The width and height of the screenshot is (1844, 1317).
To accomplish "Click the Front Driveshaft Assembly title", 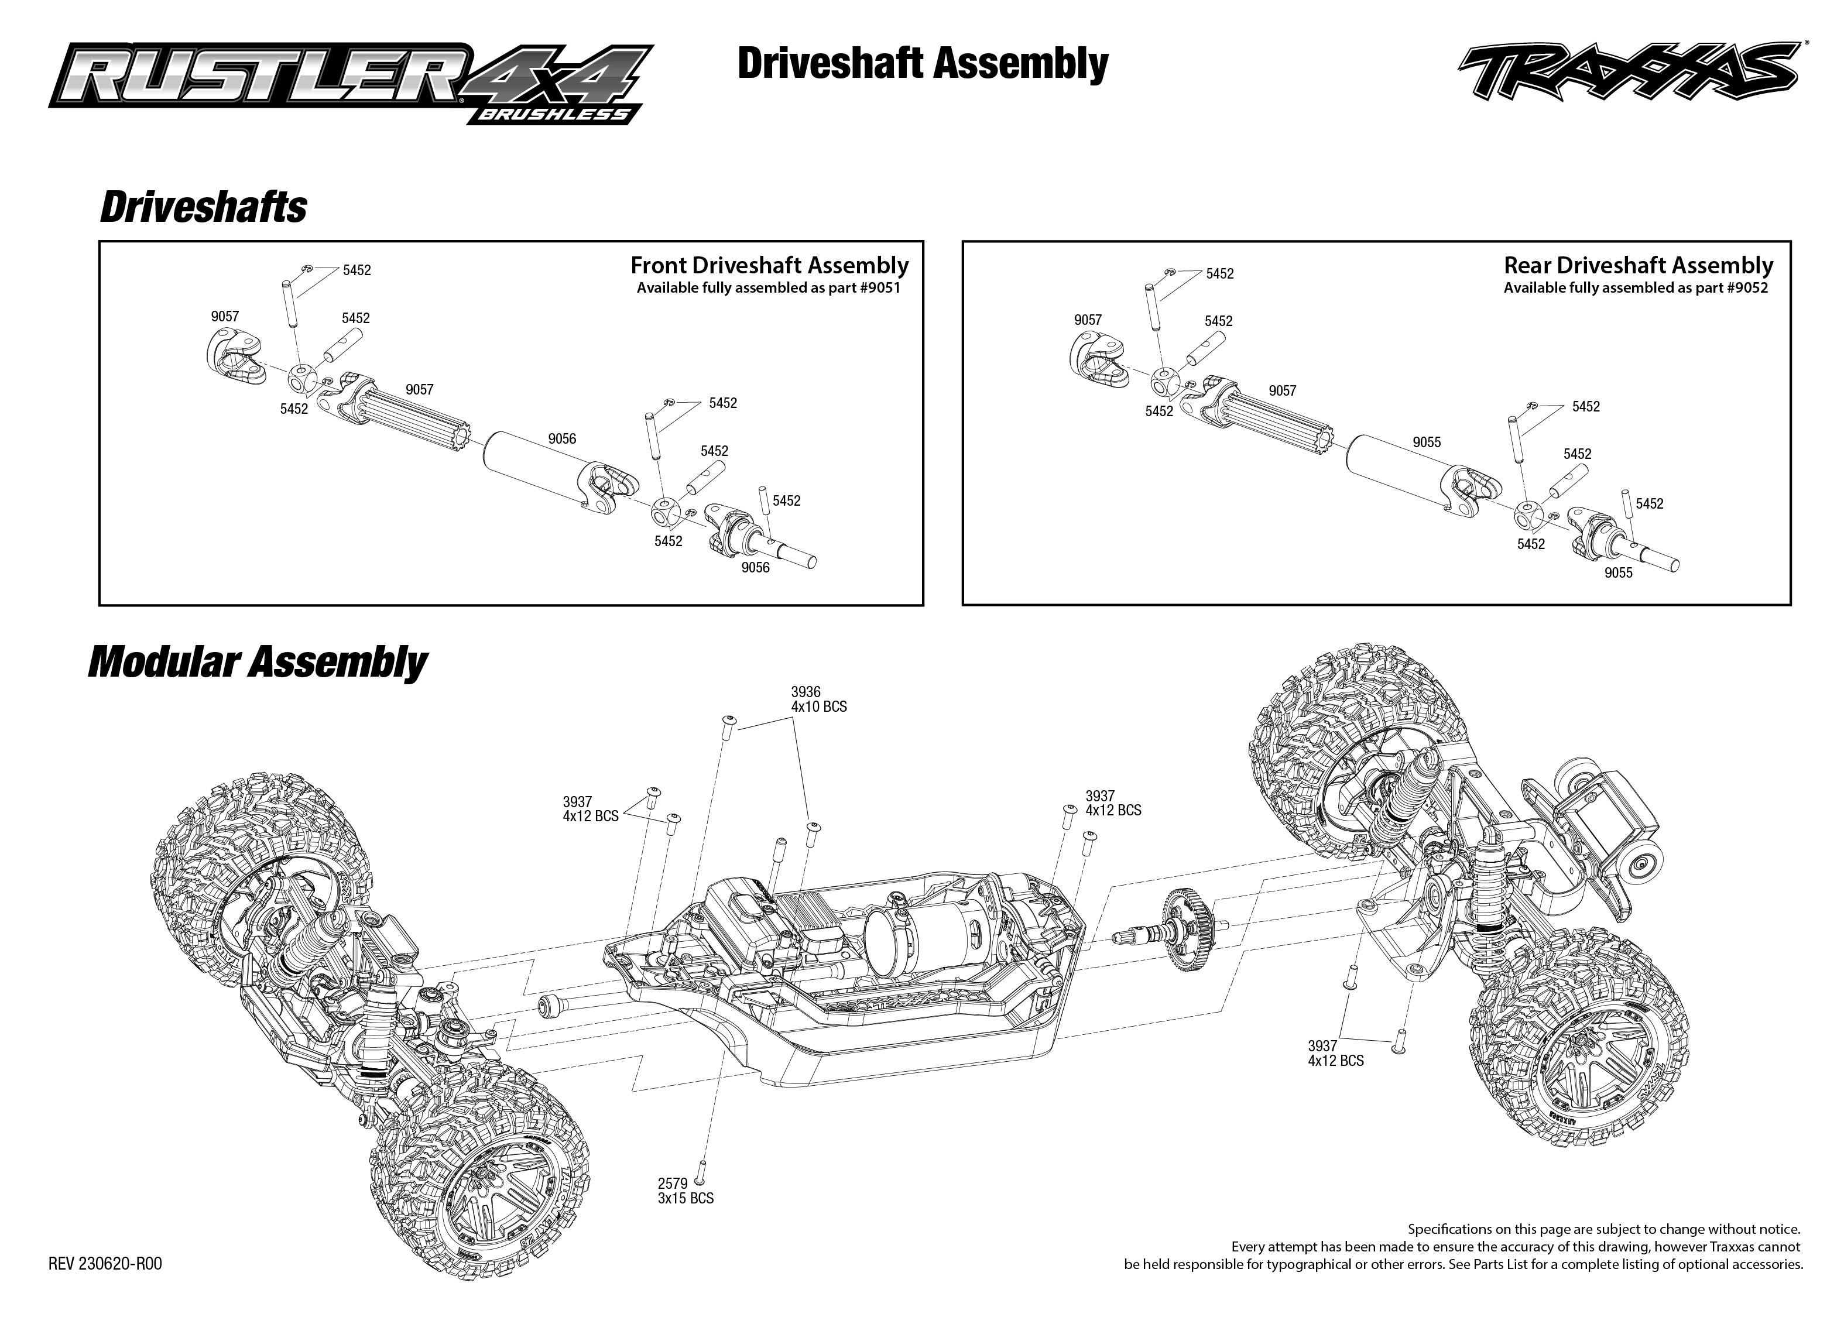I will coord(769,266).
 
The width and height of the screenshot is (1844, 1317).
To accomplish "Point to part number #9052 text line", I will coord(1635,288).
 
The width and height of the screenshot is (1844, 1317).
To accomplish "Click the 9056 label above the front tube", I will coord(561,439).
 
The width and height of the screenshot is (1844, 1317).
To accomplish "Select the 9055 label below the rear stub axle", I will coord(1618,572).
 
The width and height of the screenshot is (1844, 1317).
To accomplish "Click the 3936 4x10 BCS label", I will coord(818,699).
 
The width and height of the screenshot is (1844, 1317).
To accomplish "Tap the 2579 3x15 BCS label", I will coord(685,1191).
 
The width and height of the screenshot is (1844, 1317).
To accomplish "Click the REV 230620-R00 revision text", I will coord(105,1264).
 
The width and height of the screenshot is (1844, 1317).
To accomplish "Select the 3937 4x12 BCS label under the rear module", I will coord(1335,1052).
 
